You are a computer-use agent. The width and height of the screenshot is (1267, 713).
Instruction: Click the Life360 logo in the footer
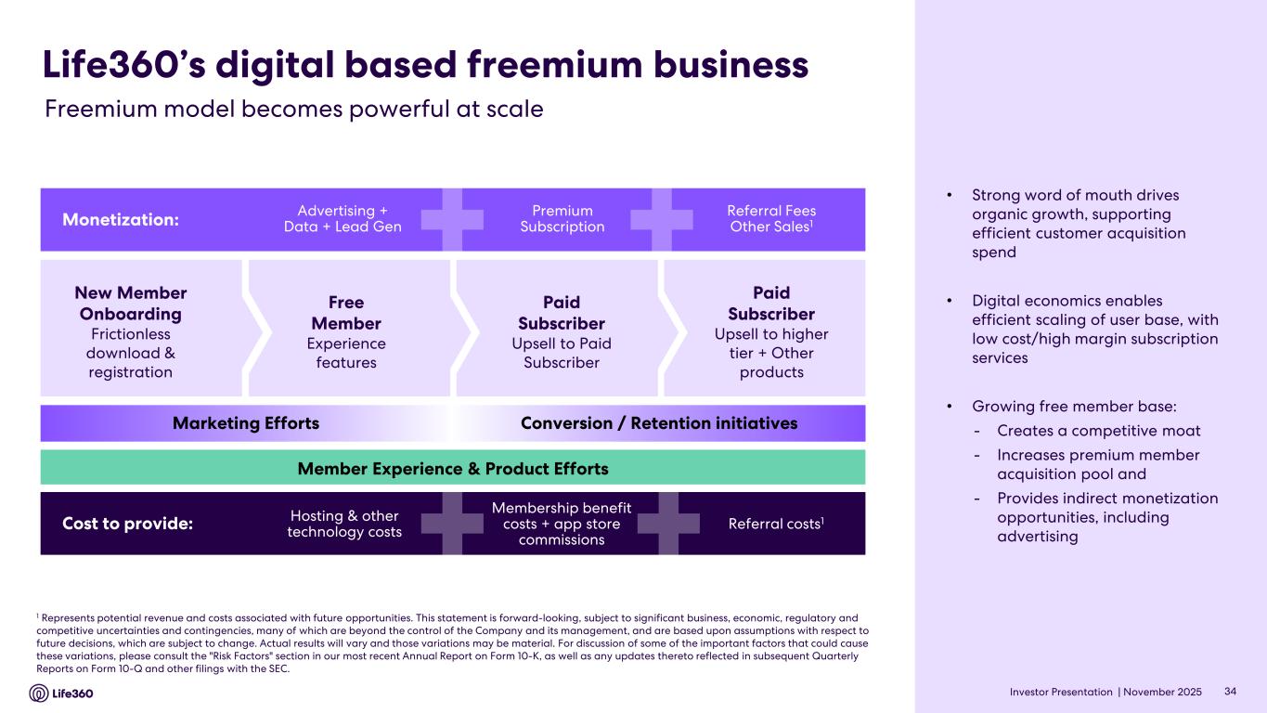[x=61, y=693]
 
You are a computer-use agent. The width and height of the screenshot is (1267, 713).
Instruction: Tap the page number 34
[x=1231, y=692]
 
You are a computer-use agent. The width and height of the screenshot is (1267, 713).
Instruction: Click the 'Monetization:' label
[x=120, y=220]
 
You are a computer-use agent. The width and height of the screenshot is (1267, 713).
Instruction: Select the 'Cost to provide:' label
[x=127, y=524]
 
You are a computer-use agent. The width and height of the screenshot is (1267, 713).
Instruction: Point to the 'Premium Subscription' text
[x=562, y=219]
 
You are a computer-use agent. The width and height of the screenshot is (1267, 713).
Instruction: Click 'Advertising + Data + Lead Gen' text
[x=343, y=219]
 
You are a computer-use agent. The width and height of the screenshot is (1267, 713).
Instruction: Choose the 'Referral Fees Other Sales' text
[x=771, y=219]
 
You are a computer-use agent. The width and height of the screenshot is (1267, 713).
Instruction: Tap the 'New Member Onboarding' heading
[x=130, y=303]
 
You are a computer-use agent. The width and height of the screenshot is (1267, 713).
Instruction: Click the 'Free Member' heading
[x=346, y=313]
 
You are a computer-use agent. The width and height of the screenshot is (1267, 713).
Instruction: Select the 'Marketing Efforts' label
[x=246, y=423]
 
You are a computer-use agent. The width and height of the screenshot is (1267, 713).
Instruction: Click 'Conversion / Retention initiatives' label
[x=659, y=423]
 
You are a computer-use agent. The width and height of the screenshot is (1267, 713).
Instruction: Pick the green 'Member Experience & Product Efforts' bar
[x=453, y=469]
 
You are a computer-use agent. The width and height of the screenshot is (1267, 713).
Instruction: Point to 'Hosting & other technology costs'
[x=344, y=524]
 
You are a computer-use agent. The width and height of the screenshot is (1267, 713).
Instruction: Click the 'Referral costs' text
[x=777, y=524]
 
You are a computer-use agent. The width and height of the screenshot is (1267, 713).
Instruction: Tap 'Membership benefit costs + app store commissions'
[x=562, y=524]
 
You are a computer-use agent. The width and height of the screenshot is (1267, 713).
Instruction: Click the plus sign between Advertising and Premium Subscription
[x=451, y=220]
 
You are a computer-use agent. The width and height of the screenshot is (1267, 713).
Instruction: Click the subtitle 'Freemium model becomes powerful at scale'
[x=294, y=110]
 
